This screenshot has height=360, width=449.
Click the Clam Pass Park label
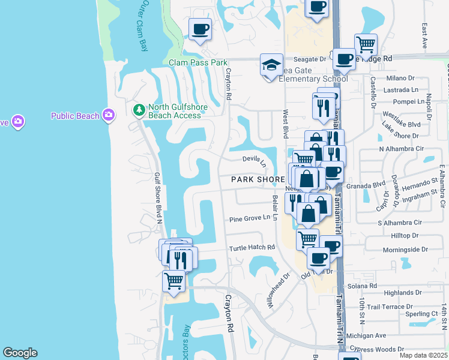[x=198, y=62]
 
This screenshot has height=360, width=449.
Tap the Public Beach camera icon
[x=109, y=115]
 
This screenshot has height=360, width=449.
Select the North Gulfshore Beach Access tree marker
[x=139, y=110]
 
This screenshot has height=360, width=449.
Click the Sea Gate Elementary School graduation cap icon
[x=271, y=64]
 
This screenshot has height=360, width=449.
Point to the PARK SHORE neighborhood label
[x=258, y=179]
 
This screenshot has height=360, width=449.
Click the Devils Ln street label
[x=255, y=160]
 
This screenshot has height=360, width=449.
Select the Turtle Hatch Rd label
[x=252, y=247]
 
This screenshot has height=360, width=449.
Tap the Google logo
[x=20, y=353]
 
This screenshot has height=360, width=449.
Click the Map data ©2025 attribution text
[x=423, y=355]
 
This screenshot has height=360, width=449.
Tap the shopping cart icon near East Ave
[x=366, y=44]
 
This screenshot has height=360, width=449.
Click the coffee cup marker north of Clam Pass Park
[x=200, y=28]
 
